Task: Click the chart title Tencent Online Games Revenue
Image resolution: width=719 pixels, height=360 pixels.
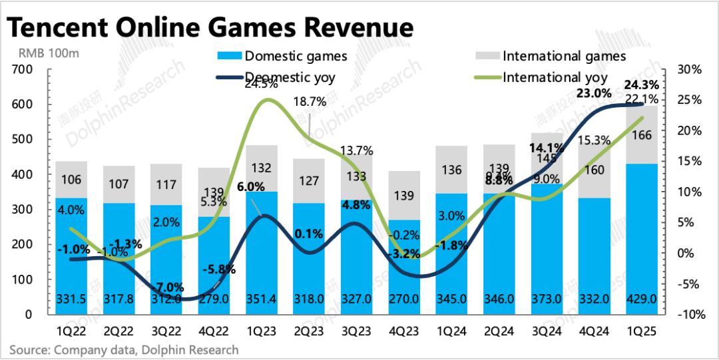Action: [210, 28]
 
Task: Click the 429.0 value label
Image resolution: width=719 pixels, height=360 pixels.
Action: [642, 300]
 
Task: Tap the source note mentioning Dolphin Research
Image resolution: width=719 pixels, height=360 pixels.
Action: [124, 349]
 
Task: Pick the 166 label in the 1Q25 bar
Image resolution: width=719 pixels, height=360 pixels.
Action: [642, 136]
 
